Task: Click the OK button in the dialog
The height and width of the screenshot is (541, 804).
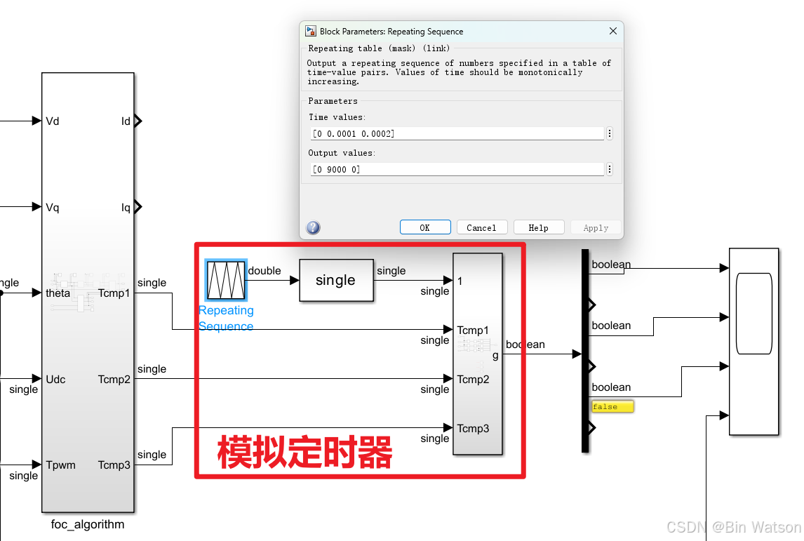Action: [425, 227]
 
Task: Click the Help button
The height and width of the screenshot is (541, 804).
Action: [539, 227]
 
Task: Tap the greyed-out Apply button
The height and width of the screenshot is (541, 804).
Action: [596, 227]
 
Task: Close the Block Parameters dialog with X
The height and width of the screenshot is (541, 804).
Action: [613, 31]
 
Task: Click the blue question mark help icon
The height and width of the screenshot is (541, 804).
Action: [314, 227]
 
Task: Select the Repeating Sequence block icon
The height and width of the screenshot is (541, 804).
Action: [226, 280]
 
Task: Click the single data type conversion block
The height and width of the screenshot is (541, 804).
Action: [336, 281]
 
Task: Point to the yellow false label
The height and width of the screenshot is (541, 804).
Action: [612, 406]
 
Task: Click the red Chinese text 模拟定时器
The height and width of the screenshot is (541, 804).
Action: [304, 453]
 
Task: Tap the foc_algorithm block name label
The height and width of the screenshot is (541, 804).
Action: [88, 524]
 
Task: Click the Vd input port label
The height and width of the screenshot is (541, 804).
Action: [53, 121]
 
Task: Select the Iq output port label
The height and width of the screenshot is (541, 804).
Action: [126, 207]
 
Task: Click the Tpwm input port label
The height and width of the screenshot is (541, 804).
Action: [60, 465]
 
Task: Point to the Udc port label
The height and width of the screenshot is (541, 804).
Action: [55, 380]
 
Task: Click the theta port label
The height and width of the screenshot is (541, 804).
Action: [58, 293]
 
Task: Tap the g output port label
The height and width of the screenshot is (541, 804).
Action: [495, 355]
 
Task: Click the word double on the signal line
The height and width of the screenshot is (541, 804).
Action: [264, 271]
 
